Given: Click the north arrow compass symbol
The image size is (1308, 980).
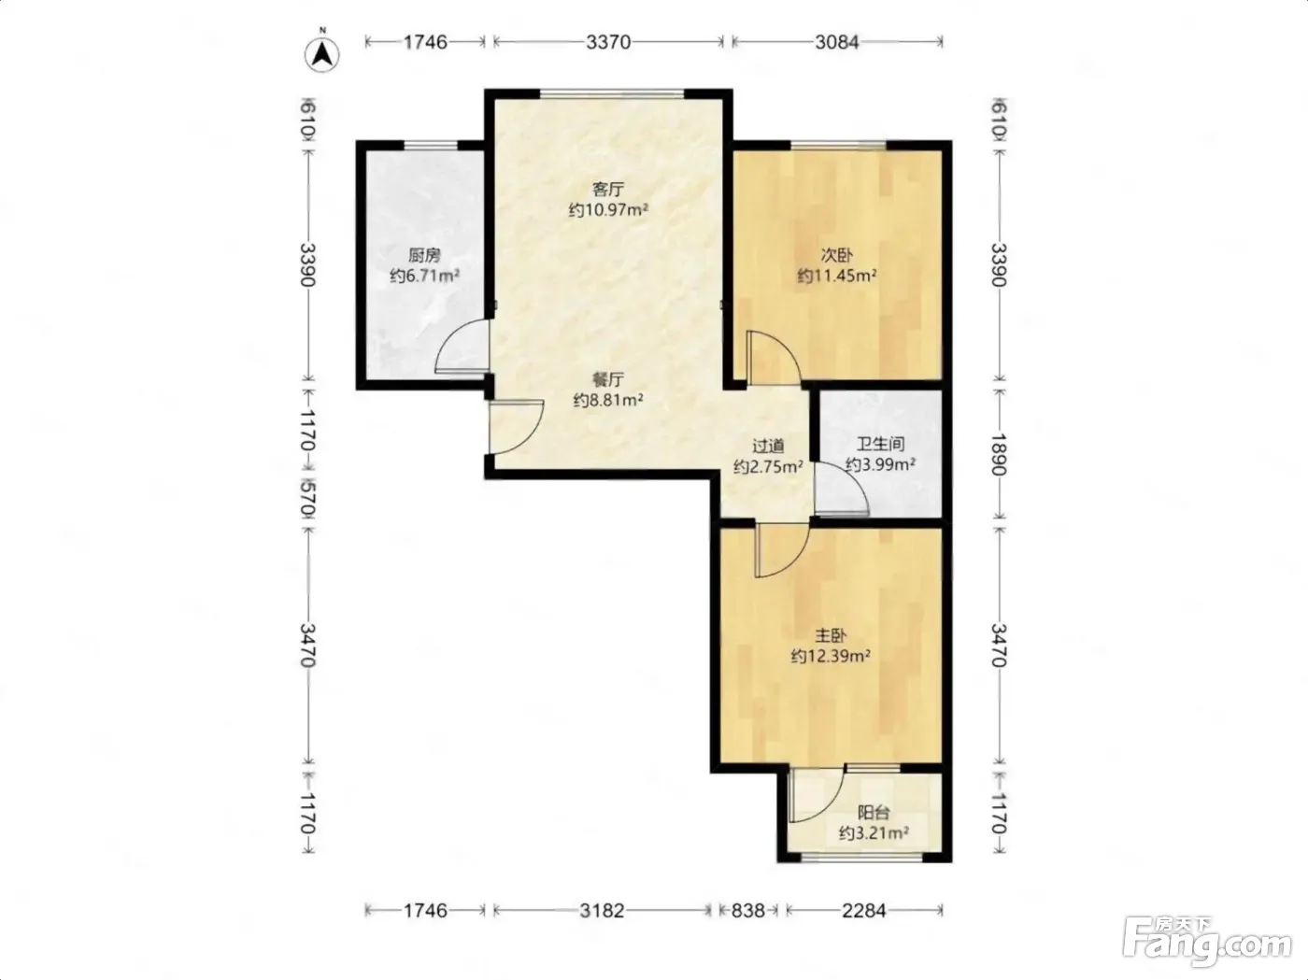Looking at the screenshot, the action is (x=322, y=53).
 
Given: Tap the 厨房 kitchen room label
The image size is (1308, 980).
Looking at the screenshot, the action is (x=424, y=256).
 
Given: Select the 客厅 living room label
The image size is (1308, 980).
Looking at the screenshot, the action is (x=608, y=190).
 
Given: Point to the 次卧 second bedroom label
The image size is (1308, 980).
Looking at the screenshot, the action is (x=836, y=255).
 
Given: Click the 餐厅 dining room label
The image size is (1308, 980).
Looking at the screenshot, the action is (x=608, y=379).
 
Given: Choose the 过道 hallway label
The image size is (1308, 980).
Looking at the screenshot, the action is (x=768, y=446).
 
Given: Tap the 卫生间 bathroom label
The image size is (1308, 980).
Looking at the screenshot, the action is (x=880, y=444).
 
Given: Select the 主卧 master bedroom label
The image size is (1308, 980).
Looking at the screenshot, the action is (x=831, y=635).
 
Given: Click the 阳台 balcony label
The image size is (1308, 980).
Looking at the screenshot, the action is (x=874, y=812).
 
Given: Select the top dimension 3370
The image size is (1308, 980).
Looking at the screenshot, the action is (x=608, y=42).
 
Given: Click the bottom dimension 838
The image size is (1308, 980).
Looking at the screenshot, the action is (x=747, y=910).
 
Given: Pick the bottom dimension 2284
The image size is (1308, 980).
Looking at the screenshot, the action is (x=863, y=910).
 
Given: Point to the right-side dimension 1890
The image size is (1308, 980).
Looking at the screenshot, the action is (x=999, y=455).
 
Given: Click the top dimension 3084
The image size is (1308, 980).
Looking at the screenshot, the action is (x=836, y=42).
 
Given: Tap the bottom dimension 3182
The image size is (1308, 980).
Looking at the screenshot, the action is (x=602, y=910).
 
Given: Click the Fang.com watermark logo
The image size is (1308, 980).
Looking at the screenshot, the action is (x=1206, y=943).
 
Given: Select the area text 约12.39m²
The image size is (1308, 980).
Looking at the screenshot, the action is (x=831, y=656).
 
